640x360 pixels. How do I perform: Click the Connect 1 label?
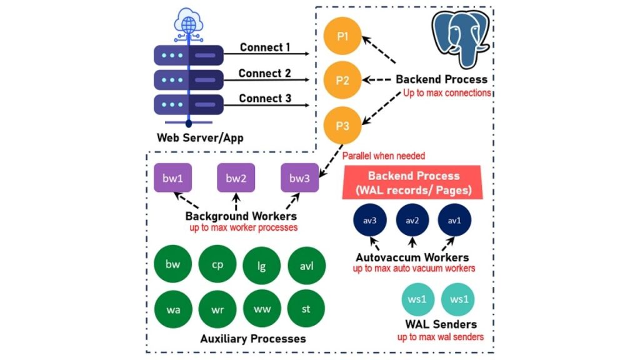click(x=265, y=47)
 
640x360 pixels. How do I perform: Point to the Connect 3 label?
click(x=265, y=99)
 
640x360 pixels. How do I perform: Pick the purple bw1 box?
click(x=172, y=178)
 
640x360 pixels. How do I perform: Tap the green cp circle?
click(x=217, y=264)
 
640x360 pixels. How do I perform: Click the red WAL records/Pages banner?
click(x=413, y=182)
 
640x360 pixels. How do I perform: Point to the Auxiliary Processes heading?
click(x=252, y=339)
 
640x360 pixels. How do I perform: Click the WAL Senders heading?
click(x=441, y=324)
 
